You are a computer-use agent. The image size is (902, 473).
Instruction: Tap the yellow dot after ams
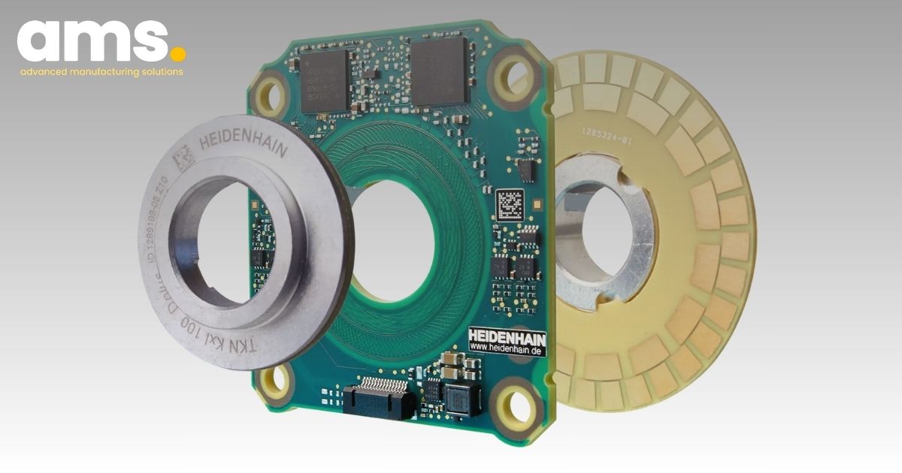click(177, 54)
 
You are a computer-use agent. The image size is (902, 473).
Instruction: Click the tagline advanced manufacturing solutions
click(101, 73)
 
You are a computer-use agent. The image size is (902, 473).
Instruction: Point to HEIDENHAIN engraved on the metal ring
click(243, 142)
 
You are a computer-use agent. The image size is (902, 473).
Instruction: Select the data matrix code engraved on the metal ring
click(183, 159)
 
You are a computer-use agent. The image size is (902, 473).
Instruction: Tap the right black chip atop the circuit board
click(440, 72)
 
